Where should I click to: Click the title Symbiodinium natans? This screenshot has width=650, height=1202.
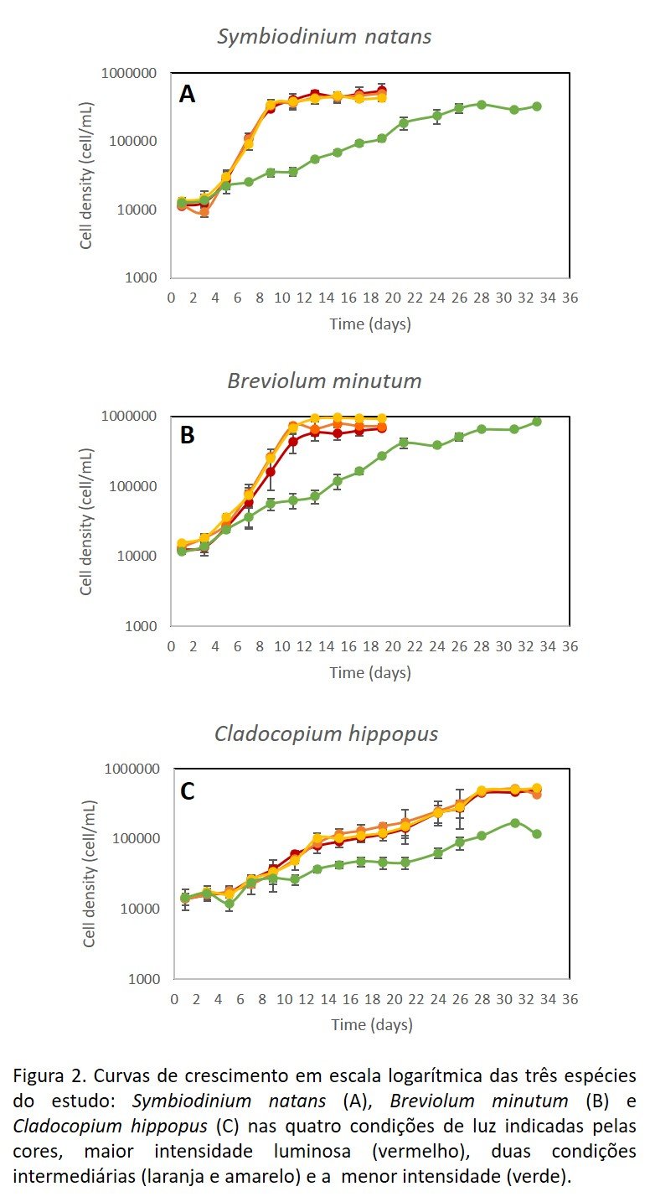324,37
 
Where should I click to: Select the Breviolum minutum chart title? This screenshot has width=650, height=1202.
324,381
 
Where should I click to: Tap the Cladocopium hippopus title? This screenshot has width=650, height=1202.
326,734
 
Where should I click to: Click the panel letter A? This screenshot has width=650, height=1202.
187,94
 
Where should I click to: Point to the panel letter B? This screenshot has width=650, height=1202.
188,435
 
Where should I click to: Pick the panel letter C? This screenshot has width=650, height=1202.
188,790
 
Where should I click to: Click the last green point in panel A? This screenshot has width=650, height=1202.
537,106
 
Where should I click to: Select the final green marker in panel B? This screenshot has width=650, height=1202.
537,422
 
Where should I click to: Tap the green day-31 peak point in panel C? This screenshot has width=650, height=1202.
514,823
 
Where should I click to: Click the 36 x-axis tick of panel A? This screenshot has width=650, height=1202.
570,298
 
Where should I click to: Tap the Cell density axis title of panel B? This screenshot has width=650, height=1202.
86,521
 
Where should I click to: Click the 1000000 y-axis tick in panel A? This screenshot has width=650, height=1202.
128,74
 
